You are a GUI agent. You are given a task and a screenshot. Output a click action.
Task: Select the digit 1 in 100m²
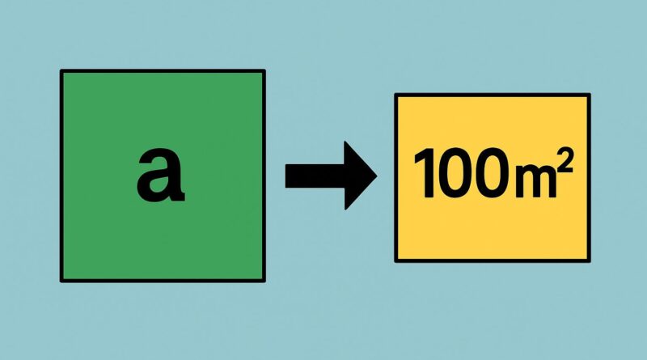[421, 176]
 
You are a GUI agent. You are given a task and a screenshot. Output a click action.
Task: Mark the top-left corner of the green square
[61, 71]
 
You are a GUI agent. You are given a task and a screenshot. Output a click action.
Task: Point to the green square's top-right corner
[264, 71]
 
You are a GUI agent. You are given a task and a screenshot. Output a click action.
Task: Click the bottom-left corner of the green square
[61, 281]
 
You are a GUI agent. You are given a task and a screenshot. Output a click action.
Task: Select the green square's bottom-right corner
[264, 281]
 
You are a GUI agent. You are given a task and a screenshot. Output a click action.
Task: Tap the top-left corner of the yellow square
[395, 95]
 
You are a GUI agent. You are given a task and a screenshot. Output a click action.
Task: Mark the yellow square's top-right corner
[589, 95]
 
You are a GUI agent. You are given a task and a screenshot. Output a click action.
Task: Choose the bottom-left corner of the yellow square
[395, 260]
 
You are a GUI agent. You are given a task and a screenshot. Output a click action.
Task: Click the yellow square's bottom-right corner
[589, 260]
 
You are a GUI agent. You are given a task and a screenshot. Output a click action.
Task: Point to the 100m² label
[492, 175]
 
